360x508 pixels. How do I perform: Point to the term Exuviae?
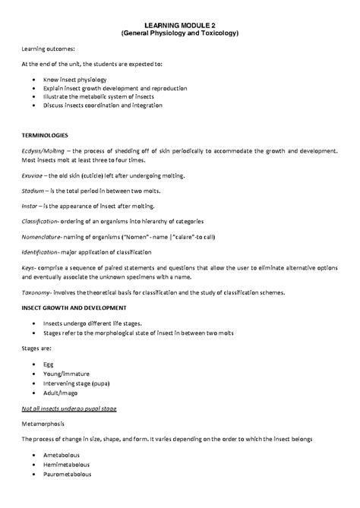[33, 174]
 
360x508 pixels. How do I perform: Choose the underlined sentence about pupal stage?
[68, 409]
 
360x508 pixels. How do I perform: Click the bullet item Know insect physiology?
[74, 79]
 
